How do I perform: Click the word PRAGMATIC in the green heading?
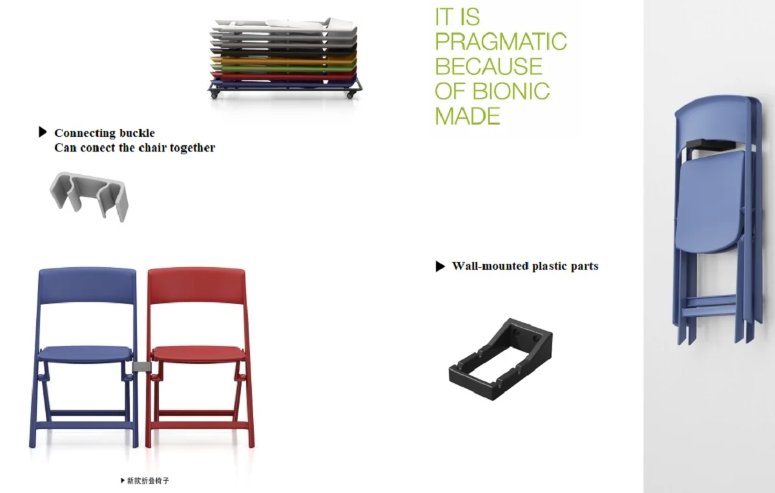point(501,41)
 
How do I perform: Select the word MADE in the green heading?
point(468,116)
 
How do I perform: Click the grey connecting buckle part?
point(89,196)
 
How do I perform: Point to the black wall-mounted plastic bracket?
point(501,359)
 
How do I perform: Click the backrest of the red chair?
point(196,286)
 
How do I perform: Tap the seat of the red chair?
point(198,354)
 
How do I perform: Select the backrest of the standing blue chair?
point(87,286)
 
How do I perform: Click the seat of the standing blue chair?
point(85,354)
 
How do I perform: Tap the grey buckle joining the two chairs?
point(141,367)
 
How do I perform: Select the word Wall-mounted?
point(490,266)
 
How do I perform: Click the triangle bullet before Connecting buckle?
point(43,132)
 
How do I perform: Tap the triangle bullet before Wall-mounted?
point(440,267)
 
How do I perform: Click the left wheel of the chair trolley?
point(214,95)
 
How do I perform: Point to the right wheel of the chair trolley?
point(350,95)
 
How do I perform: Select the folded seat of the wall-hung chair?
point(709,202)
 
